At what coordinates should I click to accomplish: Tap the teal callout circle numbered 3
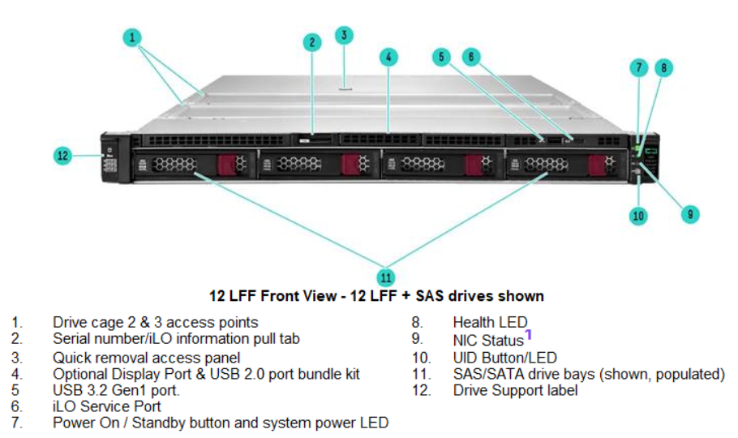[x=345, y=35]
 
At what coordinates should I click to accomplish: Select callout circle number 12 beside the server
[x=63, y=156]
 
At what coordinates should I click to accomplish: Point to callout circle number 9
[x=689, y=214]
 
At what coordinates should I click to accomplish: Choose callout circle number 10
[x=639, y=215]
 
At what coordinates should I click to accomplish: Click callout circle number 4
[x=389, y=57]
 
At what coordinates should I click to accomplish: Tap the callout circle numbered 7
[x=639, y=68]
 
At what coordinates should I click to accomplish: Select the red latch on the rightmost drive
[x=599, y=165]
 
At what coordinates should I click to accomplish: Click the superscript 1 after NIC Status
[x=528, y=334]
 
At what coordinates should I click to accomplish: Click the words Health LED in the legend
[x=490, y=323]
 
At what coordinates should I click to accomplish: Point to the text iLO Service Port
[x=107, y=406]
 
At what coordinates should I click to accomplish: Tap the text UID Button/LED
[x=504, y=357]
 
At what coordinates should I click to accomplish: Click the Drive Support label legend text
[x=515, y=390]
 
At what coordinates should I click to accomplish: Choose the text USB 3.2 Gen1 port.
[x=116, y=390]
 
